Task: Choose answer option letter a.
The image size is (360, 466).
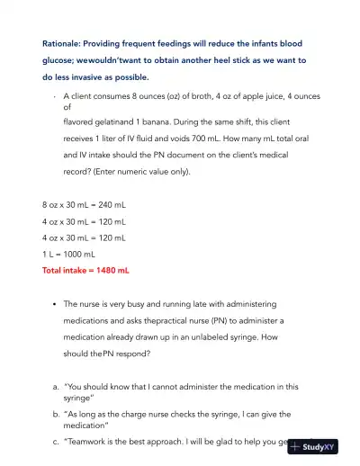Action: [56, 386]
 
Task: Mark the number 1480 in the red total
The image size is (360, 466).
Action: [102, 269]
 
